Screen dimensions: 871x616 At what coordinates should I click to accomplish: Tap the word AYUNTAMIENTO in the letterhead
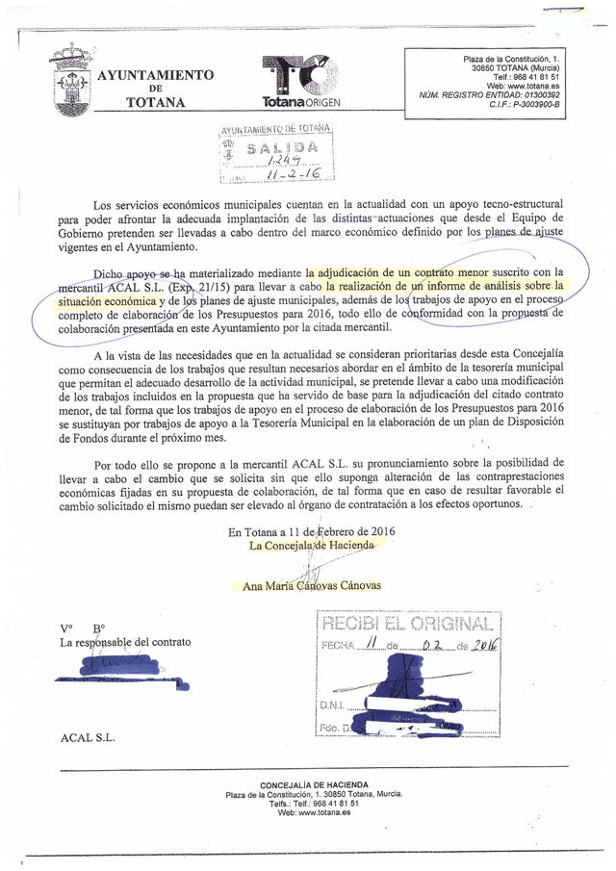click(156, 75)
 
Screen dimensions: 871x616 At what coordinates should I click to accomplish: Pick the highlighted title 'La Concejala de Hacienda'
click(311, 546)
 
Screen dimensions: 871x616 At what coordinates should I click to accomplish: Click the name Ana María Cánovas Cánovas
click(312, 585)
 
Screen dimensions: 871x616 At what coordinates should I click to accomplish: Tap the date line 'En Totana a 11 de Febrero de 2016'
click(311, 531)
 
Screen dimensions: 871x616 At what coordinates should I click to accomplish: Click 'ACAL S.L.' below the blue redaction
click(87, 737)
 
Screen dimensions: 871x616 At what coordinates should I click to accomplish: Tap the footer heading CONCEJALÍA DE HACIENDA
click(314, 784)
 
